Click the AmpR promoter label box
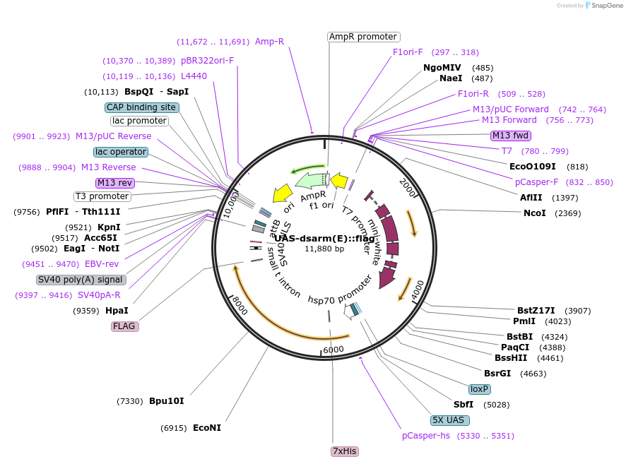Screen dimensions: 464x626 pyautogui.click(x=363, y=37)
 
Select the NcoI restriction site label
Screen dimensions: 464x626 pyautogui.click(x=534, y=213)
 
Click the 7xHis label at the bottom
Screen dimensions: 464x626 pyautogui.click(x=345, y=451)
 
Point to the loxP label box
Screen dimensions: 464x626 pyautogui.click(x=480, y=389)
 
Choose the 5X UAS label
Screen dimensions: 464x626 pyautogui.click(x=449, y=420)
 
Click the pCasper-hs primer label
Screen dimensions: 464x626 pyautogui.click(x=425, y=436)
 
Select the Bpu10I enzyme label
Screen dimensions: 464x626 pyautogui.click(x=166, y=401)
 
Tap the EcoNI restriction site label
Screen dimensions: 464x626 pyautogui.click(x=206, y=428)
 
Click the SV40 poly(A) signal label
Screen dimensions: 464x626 pyautogui.click(x=81, y=280)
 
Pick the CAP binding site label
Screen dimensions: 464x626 pyautogui.click(x=141, y=107)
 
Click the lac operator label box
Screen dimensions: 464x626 pyautogui.click(x=121, y=152)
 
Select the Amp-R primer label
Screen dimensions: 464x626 pyautogui.click(x=269, y=42)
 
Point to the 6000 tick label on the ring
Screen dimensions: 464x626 pyautogui.click(x=333, y=350)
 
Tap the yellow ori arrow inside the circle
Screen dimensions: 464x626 pyautogui.click(x=283, y=193)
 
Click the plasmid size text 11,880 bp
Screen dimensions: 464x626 pyautogui.click(x=324, y=249)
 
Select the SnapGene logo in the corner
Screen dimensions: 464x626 pyautogui.click(x=602, y=6)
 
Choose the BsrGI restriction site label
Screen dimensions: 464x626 pyautogui.click(x=497, y=373)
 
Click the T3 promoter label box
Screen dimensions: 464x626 pyautogui.click(x=102, y=196)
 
